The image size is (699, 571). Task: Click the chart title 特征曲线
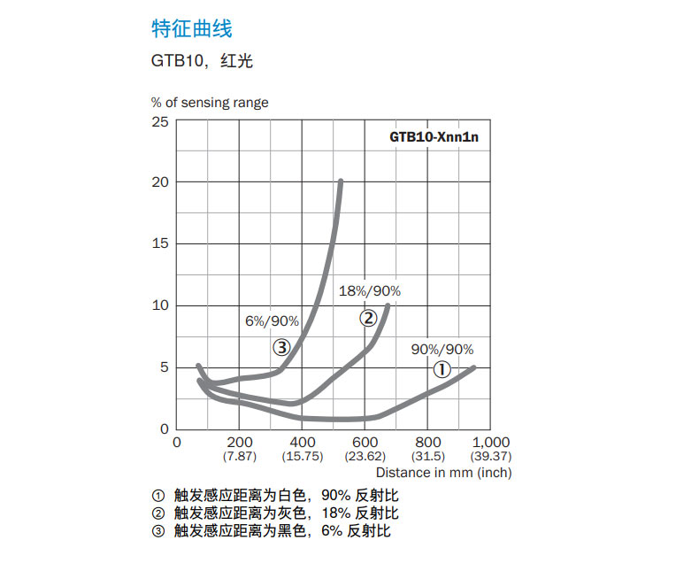(191, 29)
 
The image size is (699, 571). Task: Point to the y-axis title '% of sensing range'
(209, 103)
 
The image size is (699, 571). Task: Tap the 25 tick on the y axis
(159, 120)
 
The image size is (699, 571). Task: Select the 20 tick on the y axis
(159, 182)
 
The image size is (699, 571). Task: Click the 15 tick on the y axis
(159, 243)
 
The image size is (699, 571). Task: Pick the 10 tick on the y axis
(159, 305)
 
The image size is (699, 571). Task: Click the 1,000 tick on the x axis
(492, 442)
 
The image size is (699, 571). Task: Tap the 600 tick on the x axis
(365, 442)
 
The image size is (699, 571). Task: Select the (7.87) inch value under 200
(239, 456)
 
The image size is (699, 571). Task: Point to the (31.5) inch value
(428, 456)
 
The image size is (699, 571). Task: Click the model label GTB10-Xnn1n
(439, 137)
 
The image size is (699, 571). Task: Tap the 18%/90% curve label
(370, 291)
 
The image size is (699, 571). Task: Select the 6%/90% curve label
(273, 320)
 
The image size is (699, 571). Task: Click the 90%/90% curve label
(442, 349)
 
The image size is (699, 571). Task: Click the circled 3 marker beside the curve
(281, 347)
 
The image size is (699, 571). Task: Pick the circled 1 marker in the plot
(442, 370)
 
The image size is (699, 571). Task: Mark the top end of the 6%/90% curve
(341, 181)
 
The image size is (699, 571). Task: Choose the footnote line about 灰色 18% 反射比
(274, 513)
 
